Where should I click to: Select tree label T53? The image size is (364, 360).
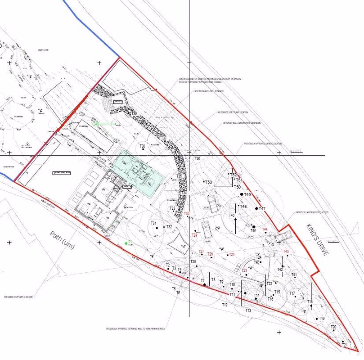coord(208,182)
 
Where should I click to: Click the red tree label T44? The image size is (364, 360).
coord(265,229)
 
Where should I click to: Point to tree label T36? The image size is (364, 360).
coord(197,159)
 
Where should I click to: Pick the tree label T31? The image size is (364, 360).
coord(153,223)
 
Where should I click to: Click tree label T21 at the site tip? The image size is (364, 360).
coord(345,345)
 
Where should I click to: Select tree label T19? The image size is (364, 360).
coord(321,319)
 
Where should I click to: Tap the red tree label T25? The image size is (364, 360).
coord(232,255)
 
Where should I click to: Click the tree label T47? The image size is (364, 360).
coord(262,209)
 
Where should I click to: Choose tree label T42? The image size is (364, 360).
coord(280,270)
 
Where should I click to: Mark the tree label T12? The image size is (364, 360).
coord(225,305)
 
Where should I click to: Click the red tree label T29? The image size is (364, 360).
coord(194,235)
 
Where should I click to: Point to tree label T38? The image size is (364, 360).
coord(142,146)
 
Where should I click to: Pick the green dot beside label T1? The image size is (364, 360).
coord(126,243)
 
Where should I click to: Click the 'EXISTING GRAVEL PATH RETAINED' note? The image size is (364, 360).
coord(208,91)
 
